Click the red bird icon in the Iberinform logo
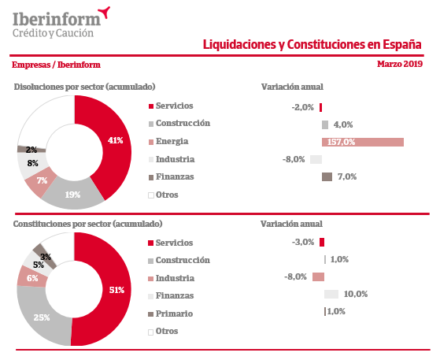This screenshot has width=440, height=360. point(105,12)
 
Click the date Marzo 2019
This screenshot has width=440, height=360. point(400,64)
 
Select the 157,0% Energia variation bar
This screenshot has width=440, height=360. point(363,142)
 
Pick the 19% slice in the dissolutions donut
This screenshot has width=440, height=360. point(72,195)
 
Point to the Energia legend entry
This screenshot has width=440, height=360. point(168,141)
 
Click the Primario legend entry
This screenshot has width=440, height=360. point(170,314)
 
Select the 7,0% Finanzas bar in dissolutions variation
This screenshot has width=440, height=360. point(327,177)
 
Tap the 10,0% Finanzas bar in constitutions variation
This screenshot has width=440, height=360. point(331,295)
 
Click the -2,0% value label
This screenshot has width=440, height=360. point(302,107)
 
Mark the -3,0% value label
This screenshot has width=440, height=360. point(303,242)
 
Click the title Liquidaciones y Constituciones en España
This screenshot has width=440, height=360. point(312,45)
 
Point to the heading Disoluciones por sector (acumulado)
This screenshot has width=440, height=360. point(84,87)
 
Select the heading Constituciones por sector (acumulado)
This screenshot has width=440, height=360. point(88,224)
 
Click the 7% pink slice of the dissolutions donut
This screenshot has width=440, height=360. point(41,182)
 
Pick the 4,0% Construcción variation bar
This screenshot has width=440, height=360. point(325,124)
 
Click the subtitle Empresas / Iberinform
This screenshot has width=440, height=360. point(56,65)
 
